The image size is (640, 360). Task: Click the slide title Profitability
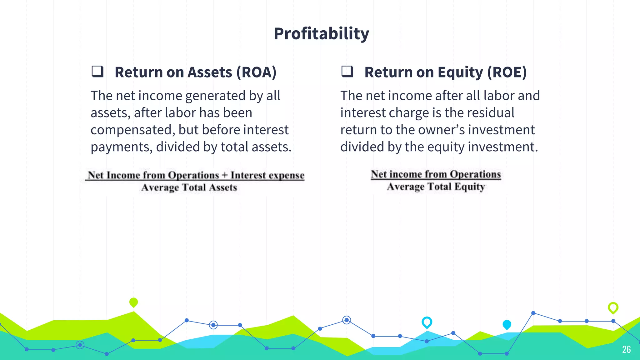point(321,33)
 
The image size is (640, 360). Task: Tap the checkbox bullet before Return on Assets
point(97,71)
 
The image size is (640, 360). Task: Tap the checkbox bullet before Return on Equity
point(347,71)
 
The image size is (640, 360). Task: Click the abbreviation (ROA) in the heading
point(256,72)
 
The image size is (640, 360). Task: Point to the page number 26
point(626,349)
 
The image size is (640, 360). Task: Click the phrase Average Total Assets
point(189,187)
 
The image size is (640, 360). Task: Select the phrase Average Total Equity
point(436,187)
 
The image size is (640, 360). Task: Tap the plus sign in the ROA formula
point(224,175)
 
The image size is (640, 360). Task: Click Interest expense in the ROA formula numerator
point(267,175)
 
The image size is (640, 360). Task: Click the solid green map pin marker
point(133,302)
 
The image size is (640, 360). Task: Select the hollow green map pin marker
point(613,307)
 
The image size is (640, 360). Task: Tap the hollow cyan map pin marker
point(427,322)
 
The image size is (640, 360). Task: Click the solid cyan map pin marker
point(507,325)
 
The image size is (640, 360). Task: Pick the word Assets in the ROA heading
point(210,72)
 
